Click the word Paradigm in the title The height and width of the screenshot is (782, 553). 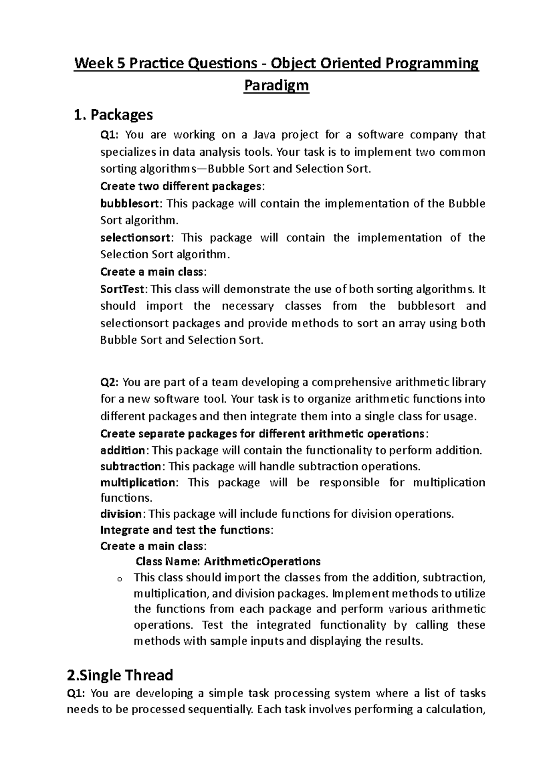pos(276,86)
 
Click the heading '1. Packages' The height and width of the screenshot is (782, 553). pos(113,114)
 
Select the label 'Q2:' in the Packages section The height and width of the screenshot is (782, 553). pos(110,382)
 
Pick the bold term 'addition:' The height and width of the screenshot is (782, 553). pos(124,450)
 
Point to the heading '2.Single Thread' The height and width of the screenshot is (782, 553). pos(120,675)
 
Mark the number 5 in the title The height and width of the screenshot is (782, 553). pos(120,63)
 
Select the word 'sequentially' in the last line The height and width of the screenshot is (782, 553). pos(221,709)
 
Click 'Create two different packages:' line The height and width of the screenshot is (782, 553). pos(182,186)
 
